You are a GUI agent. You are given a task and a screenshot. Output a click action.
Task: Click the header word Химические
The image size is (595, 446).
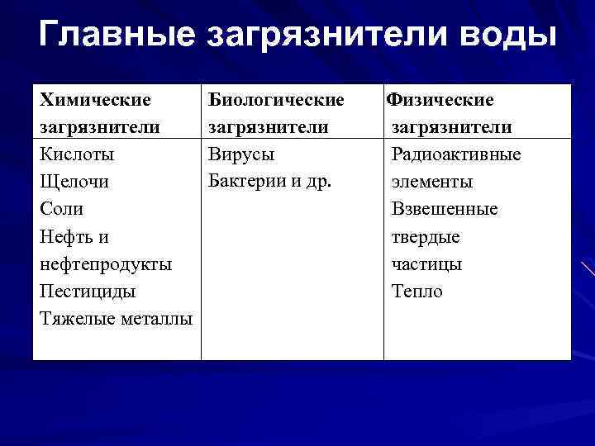click(95, 100)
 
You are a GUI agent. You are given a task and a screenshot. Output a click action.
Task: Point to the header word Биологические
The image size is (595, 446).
click(276, 100)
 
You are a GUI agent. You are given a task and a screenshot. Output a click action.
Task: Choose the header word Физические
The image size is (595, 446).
click(441, 100)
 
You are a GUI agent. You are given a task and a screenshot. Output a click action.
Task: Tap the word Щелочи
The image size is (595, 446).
click(74, 182)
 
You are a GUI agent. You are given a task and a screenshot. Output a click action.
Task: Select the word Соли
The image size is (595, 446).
click(61, 209)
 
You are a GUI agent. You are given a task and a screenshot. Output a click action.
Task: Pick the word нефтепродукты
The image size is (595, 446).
click(106, 264)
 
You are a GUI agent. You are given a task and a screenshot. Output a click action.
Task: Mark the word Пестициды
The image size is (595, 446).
click(88, 292)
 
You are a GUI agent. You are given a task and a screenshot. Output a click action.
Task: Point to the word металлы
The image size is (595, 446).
click(156, 319)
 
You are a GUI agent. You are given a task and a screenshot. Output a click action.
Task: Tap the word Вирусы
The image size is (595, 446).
click(241, 154)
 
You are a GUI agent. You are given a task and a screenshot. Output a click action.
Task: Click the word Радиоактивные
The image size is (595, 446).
click(456, 154)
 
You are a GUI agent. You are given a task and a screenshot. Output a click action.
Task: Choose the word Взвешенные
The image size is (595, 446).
click(445, 209)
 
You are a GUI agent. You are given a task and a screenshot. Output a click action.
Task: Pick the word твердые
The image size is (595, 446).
click(426, 237)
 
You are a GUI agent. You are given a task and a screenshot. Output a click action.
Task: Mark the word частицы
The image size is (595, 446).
click(426, 264)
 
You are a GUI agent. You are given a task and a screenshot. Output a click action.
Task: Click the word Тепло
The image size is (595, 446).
click(417, 292)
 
